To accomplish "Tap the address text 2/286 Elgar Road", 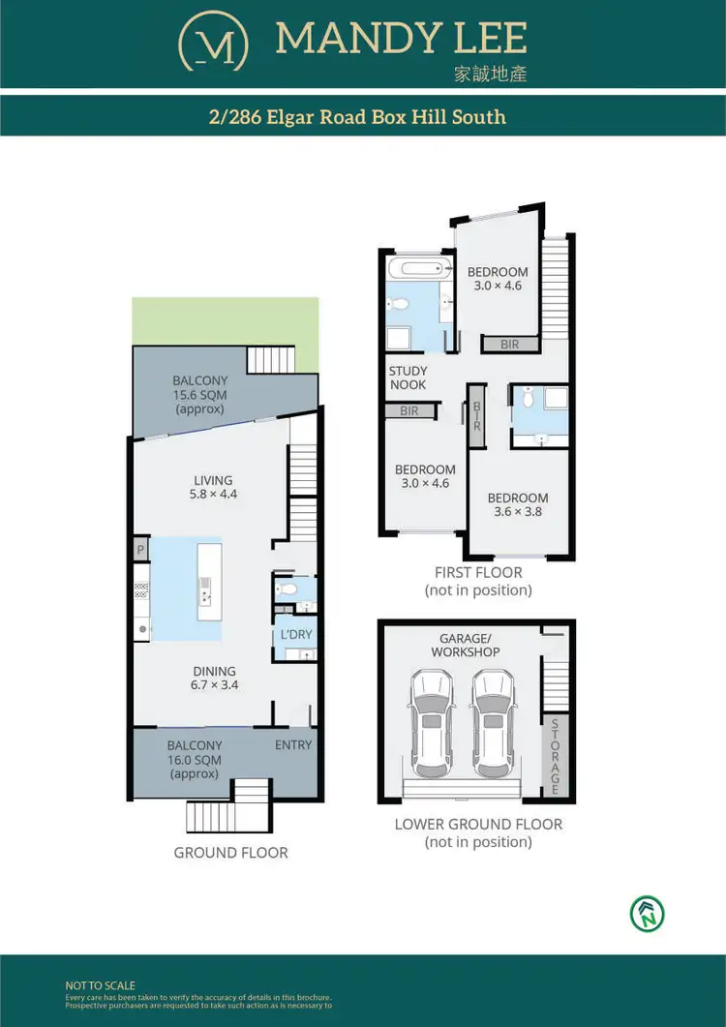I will [357, 117].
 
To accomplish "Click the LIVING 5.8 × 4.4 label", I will [213, 487].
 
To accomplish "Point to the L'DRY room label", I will [294, 635].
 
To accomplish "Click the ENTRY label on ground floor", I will [293, 744].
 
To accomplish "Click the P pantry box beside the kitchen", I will [140, 548].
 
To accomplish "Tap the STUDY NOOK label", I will [408, 378].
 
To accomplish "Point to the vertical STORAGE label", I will [556, 756].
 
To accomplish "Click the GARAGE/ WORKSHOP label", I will [467, 645].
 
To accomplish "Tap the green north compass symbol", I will [648, 913].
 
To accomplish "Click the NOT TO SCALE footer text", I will [100, 985].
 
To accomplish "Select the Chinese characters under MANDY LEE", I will [491, 74].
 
